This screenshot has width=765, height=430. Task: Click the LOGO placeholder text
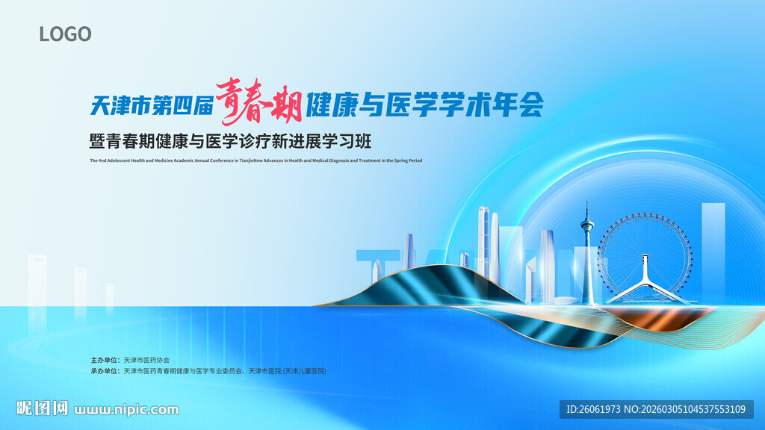click(x=65, y=34)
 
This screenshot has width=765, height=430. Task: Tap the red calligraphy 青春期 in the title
click(x=258, y=102)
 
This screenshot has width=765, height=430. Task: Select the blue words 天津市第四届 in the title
click(x=152, y=106)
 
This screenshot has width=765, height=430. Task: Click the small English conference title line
click(x=255, y=161)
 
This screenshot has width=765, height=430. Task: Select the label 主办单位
click(x=104, y=360)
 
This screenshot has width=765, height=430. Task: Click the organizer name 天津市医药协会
click(x=146, y=360)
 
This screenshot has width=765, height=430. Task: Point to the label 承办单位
click(x=104, y=371)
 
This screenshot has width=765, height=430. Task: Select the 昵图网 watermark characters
click(x=43, y=408)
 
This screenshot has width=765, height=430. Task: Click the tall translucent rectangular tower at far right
click(x=713, y=246)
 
